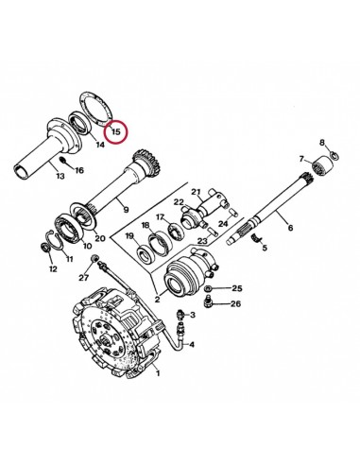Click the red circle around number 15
(x=115, y=129)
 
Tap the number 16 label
(x=79, y=170)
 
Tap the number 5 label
(x=266, y=250)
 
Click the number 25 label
(x=237, y=287)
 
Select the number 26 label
(x=236, y=303)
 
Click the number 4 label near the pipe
(x=193, y=344)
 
